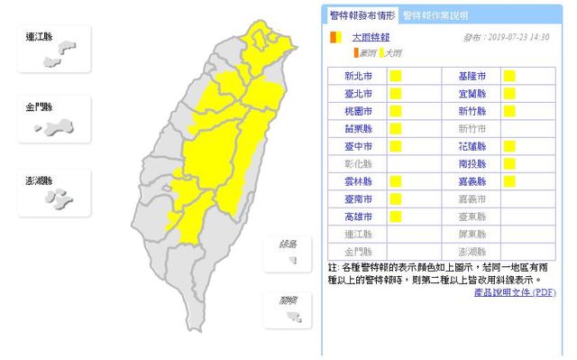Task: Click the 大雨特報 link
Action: pos(369,38)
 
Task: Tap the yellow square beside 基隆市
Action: pos(509,77)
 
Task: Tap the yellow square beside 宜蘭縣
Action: pos(509,94)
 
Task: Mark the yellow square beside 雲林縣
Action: pos(395,180)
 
